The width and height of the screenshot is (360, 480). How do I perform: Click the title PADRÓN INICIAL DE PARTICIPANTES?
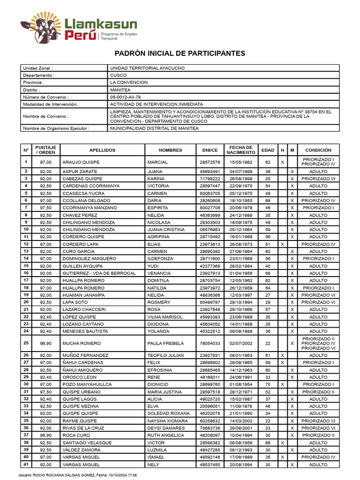180,53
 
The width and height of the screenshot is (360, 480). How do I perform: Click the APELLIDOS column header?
102,150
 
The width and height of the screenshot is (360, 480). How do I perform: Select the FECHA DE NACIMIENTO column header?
240,150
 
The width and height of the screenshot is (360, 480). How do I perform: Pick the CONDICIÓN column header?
318,150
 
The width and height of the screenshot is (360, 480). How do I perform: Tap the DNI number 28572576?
210,162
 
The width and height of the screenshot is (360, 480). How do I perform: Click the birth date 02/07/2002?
240,343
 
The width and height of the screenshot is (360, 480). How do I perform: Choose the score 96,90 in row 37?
45,435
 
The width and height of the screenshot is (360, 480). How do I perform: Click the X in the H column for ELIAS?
282,244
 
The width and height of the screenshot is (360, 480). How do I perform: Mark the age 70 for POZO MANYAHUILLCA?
268,384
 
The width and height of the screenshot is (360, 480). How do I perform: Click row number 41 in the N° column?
26,464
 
